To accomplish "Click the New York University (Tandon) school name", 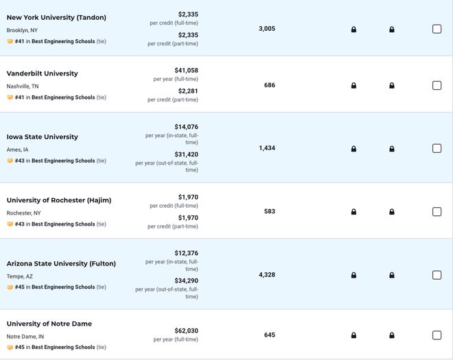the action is click(56, 18).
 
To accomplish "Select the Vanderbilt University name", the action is click(42, 73).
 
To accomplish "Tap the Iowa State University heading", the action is click(42, 137).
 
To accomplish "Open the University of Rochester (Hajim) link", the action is click(59, 200).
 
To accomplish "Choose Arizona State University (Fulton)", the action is click(61, 263).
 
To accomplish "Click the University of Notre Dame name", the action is click(49, 324).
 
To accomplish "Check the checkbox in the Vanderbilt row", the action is click(437, 86).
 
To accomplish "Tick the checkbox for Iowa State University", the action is click(437, 148).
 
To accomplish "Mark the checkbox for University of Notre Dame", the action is click(437, 335).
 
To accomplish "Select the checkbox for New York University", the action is click(437, 29).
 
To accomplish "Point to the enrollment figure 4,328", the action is click(267, 275).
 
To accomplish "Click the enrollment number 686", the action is click(270, 85).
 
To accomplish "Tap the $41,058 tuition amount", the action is click(186, 71).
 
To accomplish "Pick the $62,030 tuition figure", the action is click(186, 331).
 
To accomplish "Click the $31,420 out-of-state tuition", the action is click(186, 154).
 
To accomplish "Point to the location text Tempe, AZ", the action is click(20, 276).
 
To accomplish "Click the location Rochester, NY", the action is click(24, 213).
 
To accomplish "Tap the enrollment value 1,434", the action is click(267, 148).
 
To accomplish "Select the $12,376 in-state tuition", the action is click(186, 253).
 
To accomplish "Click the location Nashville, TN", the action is click(23, 86).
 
